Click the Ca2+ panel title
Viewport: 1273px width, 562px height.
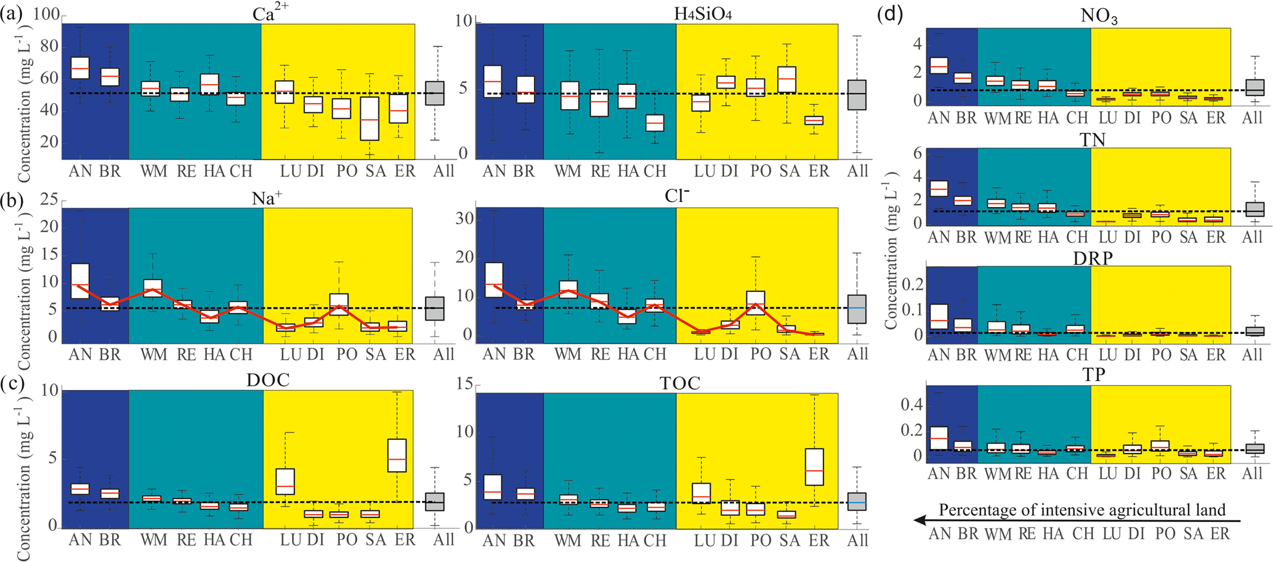click(263, 14)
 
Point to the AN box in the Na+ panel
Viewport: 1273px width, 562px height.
click(80, 281)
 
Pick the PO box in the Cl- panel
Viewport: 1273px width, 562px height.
click(756, 303)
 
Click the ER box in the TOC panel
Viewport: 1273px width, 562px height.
click(814, 466)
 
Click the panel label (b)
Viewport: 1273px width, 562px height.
click(12, 200)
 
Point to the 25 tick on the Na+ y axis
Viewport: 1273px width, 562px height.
click(49, 200)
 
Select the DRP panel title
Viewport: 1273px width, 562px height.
click(1092, 259)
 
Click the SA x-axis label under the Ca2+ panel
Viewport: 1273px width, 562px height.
click(376, 171)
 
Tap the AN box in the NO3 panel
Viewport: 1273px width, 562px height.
click(939, 65)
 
